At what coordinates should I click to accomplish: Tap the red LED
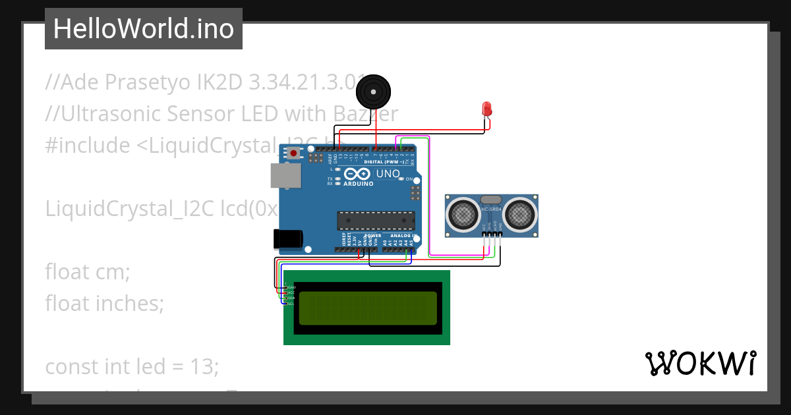tap(487, 109)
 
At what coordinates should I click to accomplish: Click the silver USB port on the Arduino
tap(285, 176)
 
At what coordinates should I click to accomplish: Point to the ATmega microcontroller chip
tap(376, 221)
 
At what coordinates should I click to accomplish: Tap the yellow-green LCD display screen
tap(367, 308)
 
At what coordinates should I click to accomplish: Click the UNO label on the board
tap(388, 174)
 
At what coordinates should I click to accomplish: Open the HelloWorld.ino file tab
tap(143, 29)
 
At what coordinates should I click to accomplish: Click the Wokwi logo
tap(700, 363)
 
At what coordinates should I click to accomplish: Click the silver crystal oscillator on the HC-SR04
tap(492, 200)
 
